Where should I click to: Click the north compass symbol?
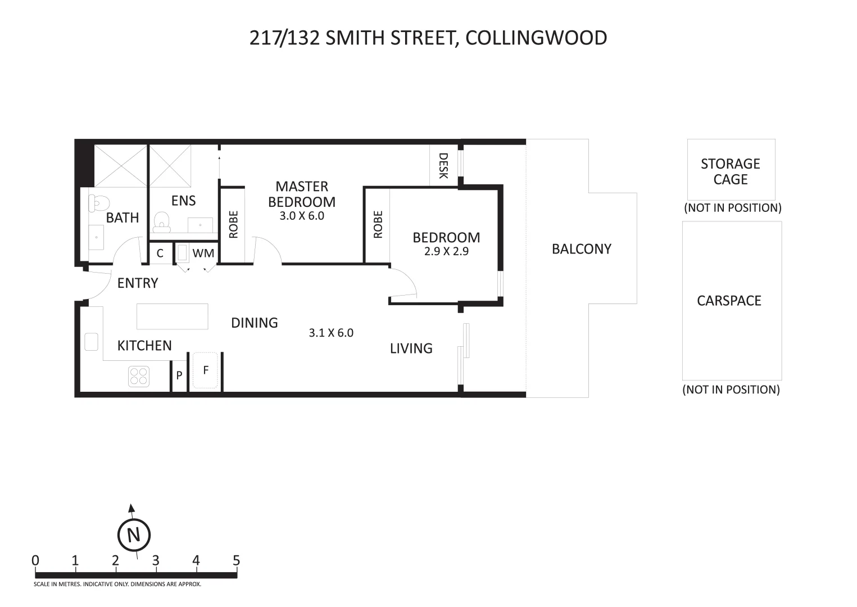[134, 534]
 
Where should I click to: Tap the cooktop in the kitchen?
[138, 376]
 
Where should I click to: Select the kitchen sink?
[91, 342]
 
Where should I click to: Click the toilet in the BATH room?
[99, 203]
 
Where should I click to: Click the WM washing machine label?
[203, 253]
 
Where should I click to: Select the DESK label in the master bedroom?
[443, 166]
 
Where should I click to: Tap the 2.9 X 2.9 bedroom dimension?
[446, 251]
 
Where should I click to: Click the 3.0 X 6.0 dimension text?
[302, 216]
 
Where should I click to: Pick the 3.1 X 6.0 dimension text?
[331, 333]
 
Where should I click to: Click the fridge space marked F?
[205, 370]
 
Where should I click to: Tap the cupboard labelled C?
[160, 253]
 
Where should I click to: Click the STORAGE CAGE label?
[730, 171]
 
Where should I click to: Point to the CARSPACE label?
[729, 301]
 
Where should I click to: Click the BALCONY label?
[581, 249]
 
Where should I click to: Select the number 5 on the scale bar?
[236, 560]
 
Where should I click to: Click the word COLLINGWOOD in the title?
[536, 38]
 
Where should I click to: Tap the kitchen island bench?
[172, 316]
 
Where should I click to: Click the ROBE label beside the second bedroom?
[378, 224]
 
